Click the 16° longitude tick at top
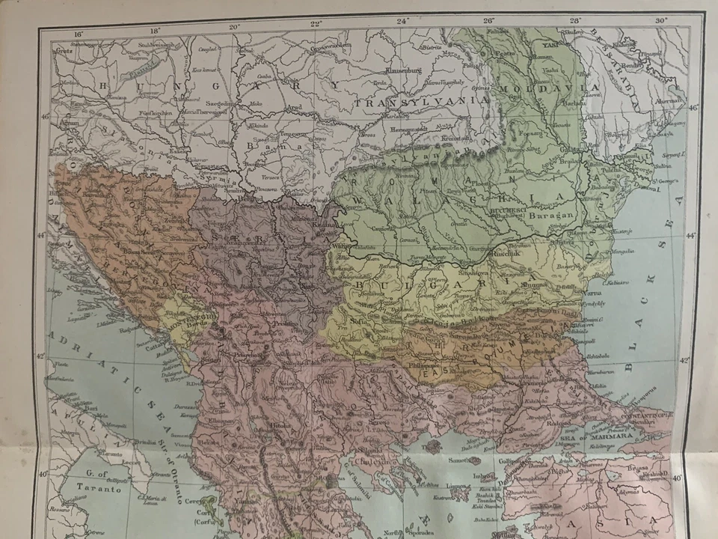tap(78, 32)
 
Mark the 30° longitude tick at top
tap(660, 21)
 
